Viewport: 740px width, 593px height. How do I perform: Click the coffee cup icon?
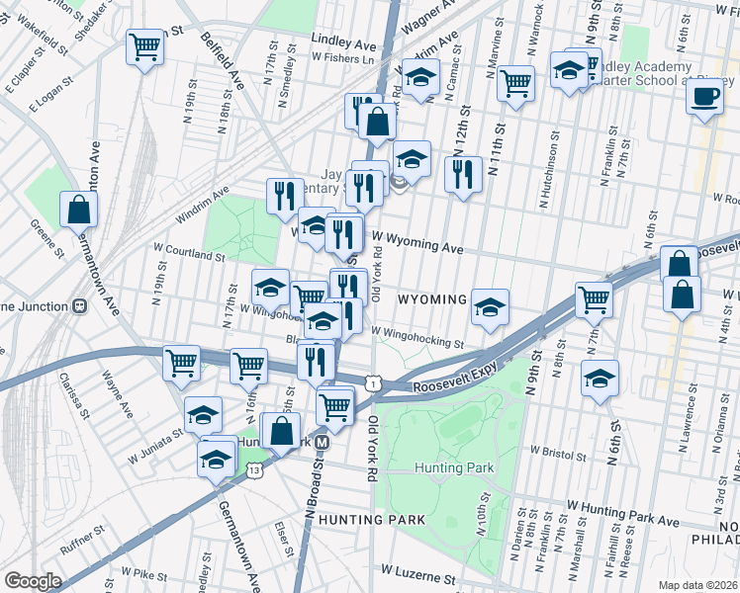point(704,98)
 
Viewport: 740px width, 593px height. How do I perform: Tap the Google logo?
point(32,581)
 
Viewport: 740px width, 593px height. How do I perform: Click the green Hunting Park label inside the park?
point(446,467)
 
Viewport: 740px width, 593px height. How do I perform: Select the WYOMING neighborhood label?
point(431,299)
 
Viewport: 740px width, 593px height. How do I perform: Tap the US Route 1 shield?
point(372,381)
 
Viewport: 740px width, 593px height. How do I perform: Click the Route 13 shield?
point(255,469)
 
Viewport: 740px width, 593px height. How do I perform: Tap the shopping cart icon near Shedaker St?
point(145,47)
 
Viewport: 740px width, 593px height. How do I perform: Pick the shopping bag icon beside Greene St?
point(78,210)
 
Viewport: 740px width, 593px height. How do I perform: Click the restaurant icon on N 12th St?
point(463,175)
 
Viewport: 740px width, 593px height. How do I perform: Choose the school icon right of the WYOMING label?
point(489,307)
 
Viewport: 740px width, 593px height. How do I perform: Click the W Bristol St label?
point(560,450)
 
